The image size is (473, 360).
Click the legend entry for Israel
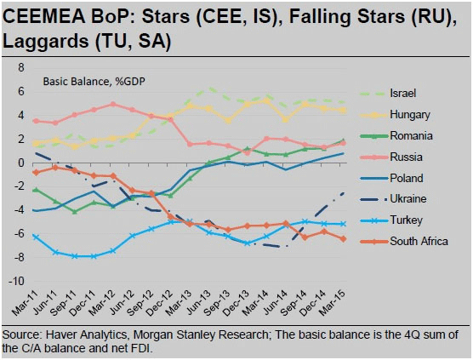point(402,94)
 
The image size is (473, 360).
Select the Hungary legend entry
point(410,115)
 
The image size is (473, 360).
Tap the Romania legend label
point(411,136)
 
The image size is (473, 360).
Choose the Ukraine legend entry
point(408,199)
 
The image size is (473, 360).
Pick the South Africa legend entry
point(419,241)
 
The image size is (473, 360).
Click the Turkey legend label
point(406,220)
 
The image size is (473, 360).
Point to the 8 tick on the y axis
point(20,67)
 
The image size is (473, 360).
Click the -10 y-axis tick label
point(16,281)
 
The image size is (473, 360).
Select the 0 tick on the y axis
point(20,163)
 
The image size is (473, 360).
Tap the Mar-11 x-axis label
point(26,303)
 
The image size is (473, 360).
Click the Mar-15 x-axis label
point(333,303)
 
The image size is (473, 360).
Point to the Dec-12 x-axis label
point(160,303)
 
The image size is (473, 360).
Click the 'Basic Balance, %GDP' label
point(94,82)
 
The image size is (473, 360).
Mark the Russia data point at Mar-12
point(113,104)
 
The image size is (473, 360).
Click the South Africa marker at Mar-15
point(343,239)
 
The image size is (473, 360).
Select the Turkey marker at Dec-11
point(94,256)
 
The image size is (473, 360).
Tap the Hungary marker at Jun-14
point(285,119)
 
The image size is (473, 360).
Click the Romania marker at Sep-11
point(75,212)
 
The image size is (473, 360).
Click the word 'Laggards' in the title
point(45,42)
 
